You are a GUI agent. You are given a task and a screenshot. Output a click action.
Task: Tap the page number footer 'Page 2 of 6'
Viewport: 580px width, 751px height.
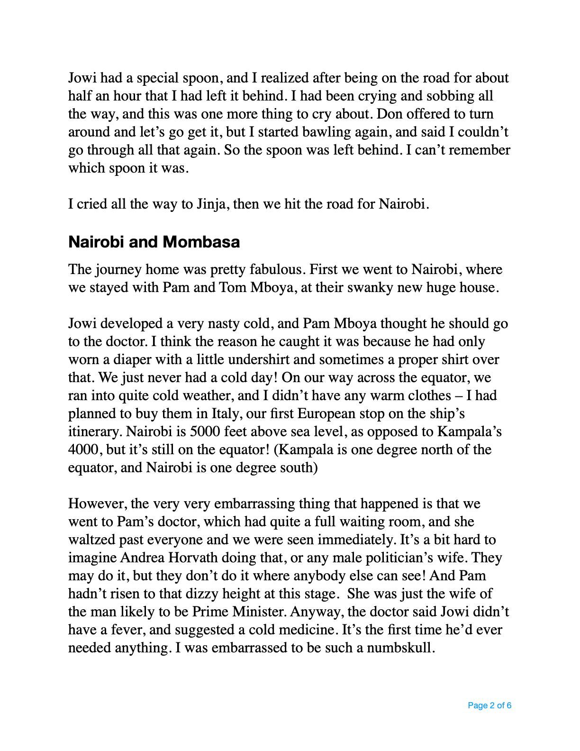pyautogui.click(x=489, y=705)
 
